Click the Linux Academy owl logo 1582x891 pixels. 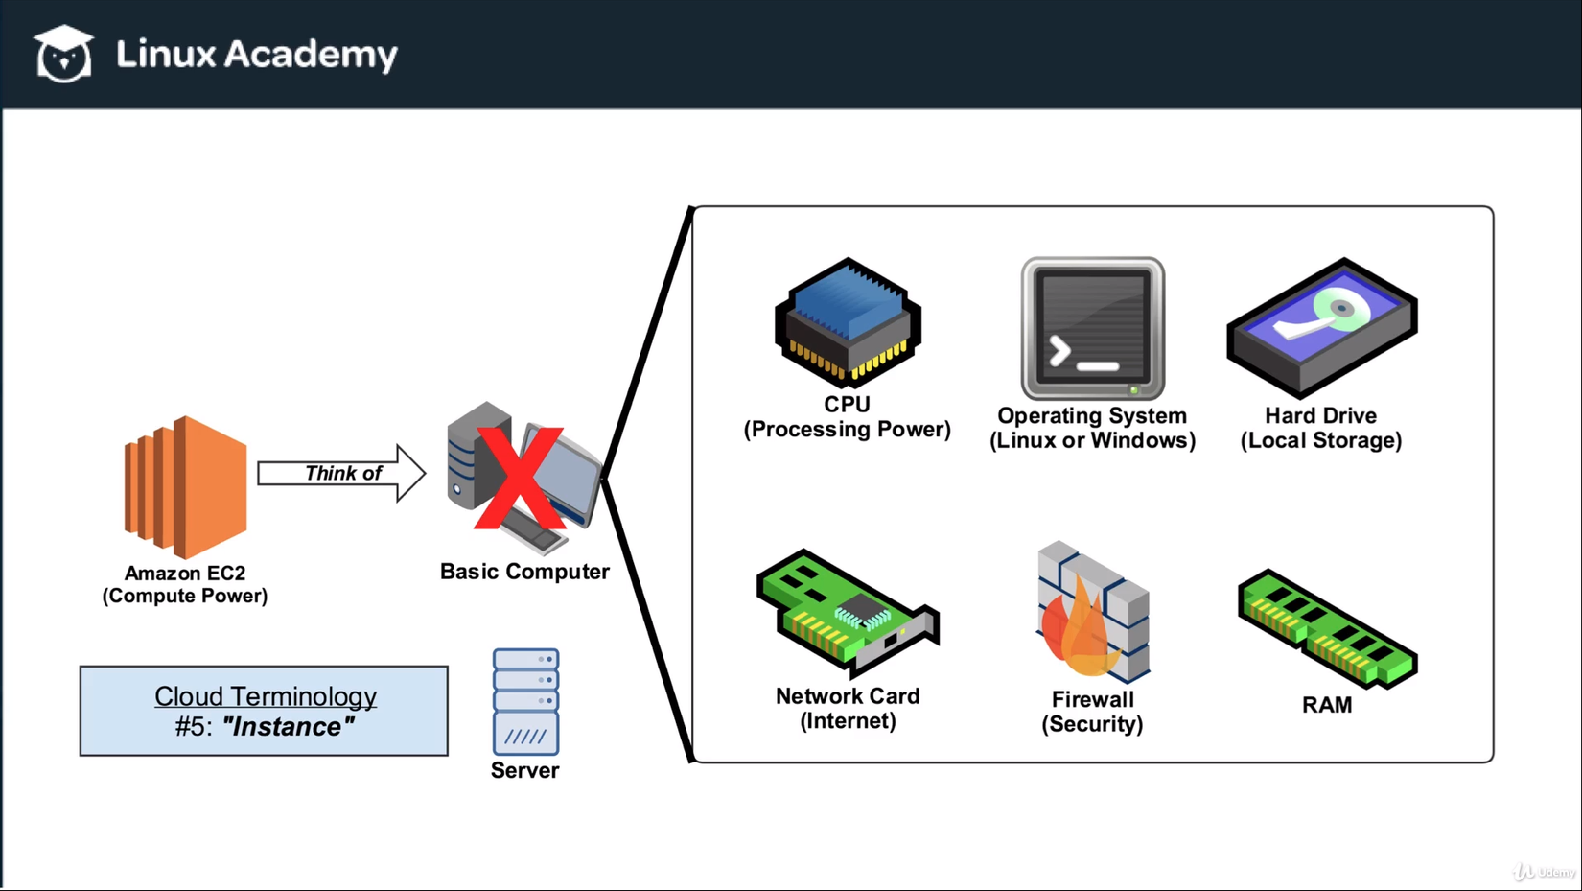(x=63, y=54)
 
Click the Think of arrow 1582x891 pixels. (x=341, y=473)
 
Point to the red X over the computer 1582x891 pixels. (x=519, y=479)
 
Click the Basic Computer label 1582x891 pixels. (x=524, y=572)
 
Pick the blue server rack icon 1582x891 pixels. (x=525, y=701)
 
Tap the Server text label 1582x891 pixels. (x=524, y=770)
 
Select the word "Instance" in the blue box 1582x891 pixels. (x=288, y=726)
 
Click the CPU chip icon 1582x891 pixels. (x=848, y=322)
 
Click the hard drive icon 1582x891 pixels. (x=1321, y=327)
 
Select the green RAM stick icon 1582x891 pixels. (x=1327, y=628)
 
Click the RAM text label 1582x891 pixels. (x=1327, y=705)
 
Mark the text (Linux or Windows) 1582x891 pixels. (x=1092, y=440)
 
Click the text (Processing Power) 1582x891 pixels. (x=848, y=429)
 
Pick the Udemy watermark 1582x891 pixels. (x=1545, y=872)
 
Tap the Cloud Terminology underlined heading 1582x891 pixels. (x=266, y=696)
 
